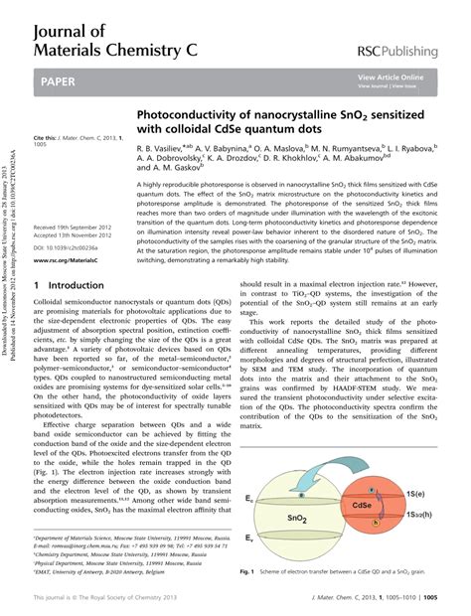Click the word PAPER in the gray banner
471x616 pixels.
(x=59, y=77)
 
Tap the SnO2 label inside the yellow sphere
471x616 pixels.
(x=298, y=490)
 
